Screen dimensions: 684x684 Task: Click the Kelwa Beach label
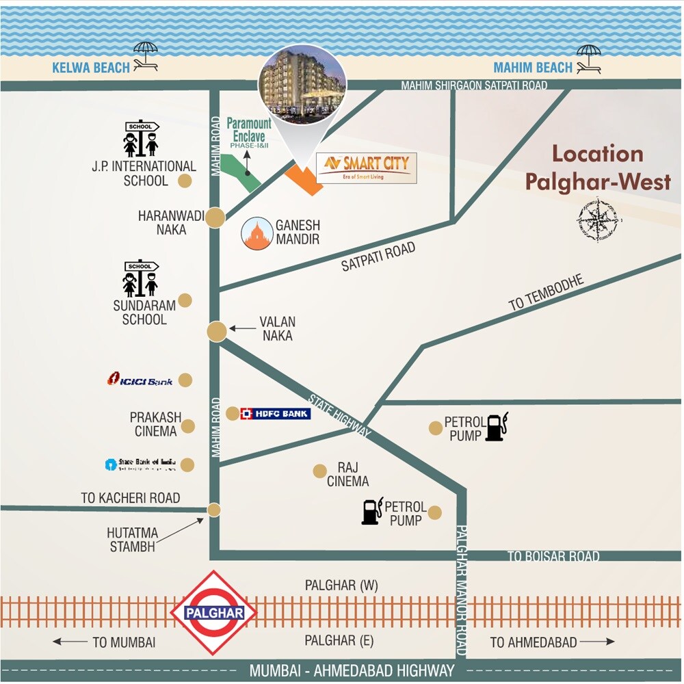pyautogui.click(x=91, y=67)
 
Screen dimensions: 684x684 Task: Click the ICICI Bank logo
pyautogui.click(x=140, y=380)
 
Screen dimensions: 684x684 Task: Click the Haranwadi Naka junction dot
pyautogui.click(x=215, y=218)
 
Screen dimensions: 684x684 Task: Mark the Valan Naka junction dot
pyautogui.click(x=217, y=331)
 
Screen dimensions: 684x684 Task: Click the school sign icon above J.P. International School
pyautogui.click(x=141, y=139)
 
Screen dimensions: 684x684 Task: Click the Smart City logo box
pyautogui.click(x=366, y=168)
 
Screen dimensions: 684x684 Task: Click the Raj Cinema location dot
pyautogui.click(x=319, y=471)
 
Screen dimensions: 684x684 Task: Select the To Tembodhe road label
pyautogui.click(x=546, y=293)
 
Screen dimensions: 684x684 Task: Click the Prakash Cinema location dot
pyautogui.click(x=188, y=426)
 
